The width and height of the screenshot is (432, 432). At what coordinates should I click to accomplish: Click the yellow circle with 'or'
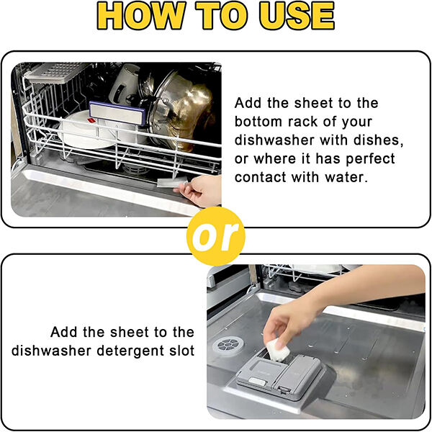click(x=215, y=237)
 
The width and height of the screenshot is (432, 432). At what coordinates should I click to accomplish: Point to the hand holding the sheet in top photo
click(x=202, y=192)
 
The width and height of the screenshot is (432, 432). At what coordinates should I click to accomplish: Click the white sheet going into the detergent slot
click(x=276, y=350)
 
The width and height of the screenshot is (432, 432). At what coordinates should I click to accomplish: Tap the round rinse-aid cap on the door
click(x=227, y=344)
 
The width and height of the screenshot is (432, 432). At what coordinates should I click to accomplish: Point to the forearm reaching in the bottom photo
click(x=367, y=288)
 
